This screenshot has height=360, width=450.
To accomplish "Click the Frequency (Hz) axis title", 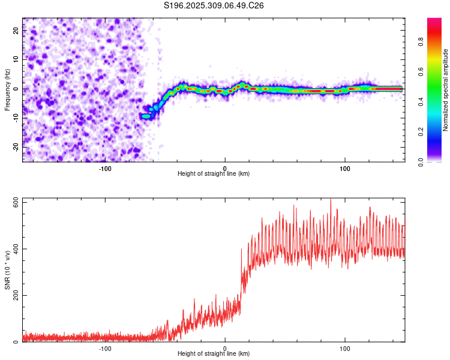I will click(x=7, y=89).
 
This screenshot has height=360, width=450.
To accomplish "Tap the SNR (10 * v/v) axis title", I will click(x=7, y=269).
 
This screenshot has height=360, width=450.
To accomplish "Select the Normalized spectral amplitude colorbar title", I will click(x=445, y=90).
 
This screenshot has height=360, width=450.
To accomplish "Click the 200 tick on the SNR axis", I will click(x=16, y=296).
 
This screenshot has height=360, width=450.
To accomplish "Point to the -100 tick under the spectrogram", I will click(x=105, y=168).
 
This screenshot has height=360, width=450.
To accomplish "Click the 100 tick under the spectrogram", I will click(x=345, y=168).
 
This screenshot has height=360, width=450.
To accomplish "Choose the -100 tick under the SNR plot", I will click(x=105, y=348).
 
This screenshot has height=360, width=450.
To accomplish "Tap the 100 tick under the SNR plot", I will click(x=345, y=348).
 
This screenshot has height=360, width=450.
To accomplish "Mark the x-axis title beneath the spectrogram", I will click(x=214, y=174).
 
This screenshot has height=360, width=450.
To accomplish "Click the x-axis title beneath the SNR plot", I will click(x=214, y=354).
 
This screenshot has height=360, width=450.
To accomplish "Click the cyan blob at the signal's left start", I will click(x=145, y=116).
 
